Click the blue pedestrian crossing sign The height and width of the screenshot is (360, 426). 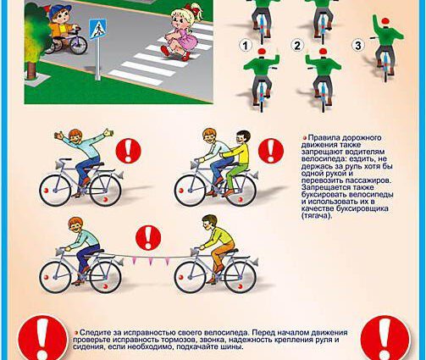(97, 29)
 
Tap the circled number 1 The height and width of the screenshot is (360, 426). (245, 45)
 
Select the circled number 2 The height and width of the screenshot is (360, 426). (297, 45)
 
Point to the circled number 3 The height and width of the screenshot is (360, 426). (358, 45)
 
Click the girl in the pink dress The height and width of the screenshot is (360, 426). (182, 32)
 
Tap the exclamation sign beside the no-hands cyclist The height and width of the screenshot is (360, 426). (128, 151)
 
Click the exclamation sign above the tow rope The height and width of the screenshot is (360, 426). (148, 237)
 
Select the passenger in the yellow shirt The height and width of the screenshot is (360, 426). (238, 163)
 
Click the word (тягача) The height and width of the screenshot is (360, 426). (317, 215)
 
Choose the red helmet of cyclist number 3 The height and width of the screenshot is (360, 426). (385, 21)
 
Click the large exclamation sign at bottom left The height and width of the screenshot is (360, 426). (43, 338)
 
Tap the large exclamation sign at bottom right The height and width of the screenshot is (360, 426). (385, 339)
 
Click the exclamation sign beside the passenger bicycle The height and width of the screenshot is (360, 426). (271, 151)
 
